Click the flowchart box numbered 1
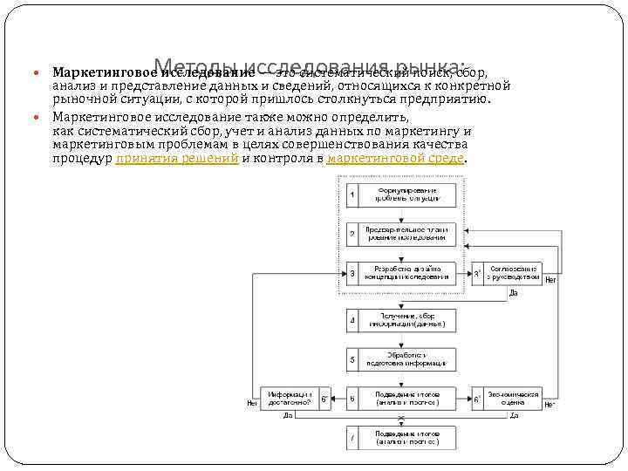[399, 195]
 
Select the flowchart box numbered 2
[399, 234]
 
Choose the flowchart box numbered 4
[399, 320]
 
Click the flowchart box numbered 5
[399, 359]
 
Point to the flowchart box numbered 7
[399, 438]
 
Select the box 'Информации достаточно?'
[290, 399]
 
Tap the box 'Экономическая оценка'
[513, 399]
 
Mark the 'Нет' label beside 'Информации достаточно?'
[252, 404]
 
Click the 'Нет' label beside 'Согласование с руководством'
[549, 278]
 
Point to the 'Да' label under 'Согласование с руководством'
[515, 294]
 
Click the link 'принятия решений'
[177, 159]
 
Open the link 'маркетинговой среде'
[396, 159]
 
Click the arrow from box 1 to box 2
[399, 214]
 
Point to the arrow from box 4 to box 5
[399, 340]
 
